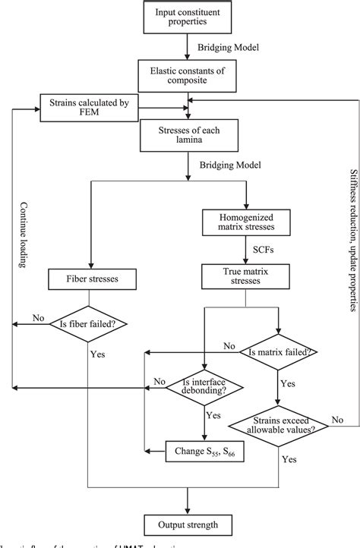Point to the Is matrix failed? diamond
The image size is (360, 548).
[x=279, y=351]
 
